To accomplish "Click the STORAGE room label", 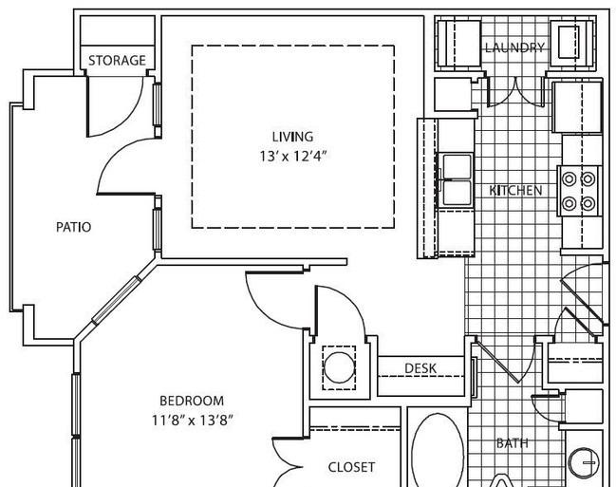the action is [x=117, y=61].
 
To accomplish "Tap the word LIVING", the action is [x=292, y=137].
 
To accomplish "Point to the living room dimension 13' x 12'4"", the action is [x=292, y=157].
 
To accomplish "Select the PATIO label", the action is [x=73, y=227].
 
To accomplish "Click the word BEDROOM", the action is [x=192, y=401].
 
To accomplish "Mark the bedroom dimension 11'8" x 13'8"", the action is [x=193, y=421].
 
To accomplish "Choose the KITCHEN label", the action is [x=515, y=191].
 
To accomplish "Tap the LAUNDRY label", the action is [x=514, y=48].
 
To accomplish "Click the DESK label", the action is [x=420, y=368].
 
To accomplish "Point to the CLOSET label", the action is [x=351, y=467].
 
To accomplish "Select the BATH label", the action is [x=512, y=443].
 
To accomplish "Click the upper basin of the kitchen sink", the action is [x=457, y=167].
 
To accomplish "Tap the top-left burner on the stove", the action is [x=569, y=179].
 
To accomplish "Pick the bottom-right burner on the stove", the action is [x=588, y=203].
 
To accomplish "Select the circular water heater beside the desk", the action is [x=339, y=367].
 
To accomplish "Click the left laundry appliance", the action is [x=458, y=44].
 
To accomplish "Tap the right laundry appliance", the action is [x=571, y=44].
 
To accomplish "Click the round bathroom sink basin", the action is [x=584, y=463].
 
